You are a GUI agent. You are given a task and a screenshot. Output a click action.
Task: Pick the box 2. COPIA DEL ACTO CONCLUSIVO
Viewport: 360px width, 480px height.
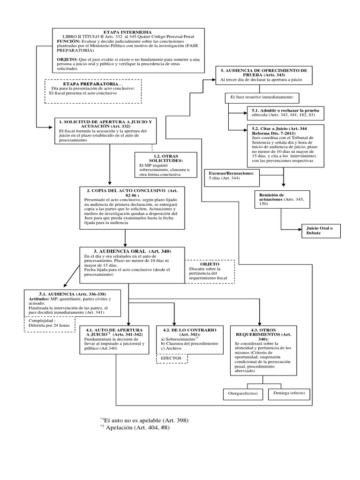pos(125,208)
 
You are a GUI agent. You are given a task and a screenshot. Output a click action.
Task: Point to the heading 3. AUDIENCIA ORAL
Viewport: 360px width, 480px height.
pos(133,252)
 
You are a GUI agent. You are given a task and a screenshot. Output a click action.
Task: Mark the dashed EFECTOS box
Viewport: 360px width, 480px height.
pos(171,359)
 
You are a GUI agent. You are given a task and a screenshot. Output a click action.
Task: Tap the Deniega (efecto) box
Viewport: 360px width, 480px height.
pos(288,394)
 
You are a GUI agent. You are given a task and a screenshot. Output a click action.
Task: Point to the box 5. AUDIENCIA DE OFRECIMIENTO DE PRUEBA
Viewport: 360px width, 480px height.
pos(264,75)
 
